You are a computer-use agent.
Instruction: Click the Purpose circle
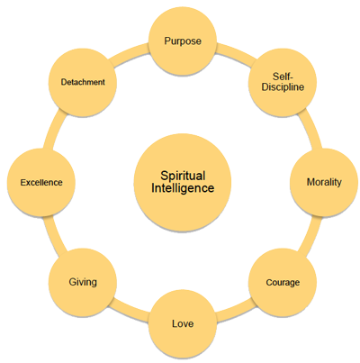click(183, 41)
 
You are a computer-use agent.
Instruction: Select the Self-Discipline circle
click(283, 82)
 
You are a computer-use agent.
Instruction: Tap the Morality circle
click(324, 182)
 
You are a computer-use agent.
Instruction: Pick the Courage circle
click(283, 282)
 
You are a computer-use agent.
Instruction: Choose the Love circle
click(183, 323)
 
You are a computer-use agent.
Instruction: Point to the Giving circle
click(83, 282)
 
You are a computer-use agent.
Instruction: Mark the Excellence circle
click(41, 182)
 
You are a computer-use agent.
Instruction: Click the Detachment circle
click(83, 82)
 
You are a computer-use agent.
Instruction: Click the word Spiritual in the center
click(183, 176)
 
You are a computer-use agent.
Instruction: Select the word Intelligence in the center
click(183, 188)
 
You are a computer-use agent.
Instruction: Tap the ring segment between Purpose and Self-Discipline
click(237, 51)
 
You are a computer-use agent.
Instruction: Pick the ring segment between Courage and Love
click(237, 313)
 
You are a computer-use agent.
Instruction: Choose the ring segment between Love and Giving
click(129, 313)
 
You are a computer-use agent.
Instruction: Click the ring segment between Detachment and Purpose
click(129, 51)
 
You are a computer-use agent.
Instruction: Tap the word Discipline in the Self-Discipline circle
click(283, 87)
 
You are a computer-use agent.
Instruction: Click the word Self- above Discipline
click(283, 77)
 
